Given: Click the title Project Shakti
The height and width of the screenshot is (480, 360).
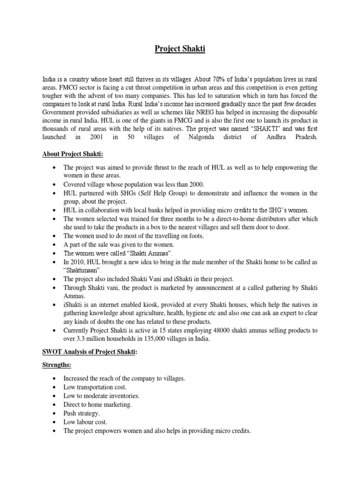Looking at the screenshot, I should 180,49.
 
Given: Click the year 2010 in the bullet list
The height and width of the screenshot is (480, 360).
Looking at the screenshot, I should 80,262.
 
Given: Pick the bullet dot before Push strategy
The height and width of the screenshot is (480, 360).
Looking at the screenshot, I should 56,413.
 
